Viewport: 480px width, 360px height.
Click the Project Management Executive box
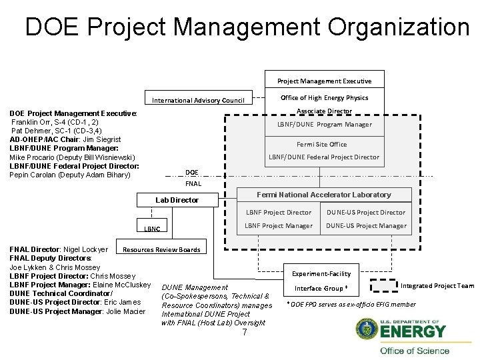coord(324,81)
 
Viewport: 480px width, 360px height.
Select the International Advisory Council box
coord(199,100)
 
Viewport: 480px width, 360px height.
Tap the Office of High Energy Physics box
coord(324,98)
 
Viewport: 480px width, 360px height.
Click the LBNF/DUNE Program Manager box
coord(324,124)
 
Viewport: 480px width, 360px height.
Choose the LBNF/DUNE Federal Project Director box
coord(324,157)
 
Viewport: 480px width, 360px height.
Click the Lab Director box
coord(177,199)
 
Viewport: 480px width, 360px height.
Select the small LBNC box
coord(152,228)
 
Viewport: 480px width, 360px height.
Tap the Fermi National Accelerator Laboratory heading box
coord(324,195)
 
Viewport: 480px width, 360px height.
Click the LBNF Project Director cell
coord(279,212)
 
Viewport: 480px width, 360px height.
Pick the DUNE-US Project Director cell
coord(366,212)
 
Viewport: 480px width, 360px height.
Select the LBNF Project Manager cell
coord(279,225)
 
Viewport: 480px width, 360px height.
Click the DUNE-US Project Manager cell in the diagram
coord(366,225)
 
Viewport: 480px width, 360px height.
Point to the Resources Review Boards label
coord(162,250)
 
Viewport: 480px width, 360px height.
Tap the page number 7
coord(245,332)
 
